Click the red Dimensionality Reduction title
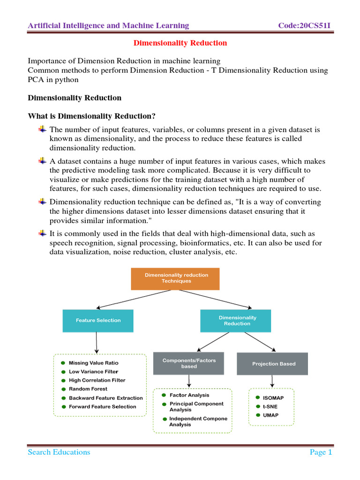tap(180, 43)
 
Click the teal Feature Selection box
tap(98, 321)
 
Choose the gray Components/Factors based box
tap(182, 363)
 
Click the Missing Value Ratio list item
tap(93, 363)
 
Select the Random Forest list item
tap(88, 389)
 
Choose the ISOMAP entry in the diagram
tap(273, 398)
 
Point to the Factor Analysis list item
tap(189, 395)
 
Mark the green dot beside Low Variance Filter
tap(63, 372)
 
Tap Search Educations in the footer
tap(59, 452)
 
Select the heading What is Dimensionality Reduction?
tap(91, 116)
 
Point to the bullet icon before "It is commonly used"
tap(42, 233)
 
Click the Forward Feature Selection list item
tap(102, 407)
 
